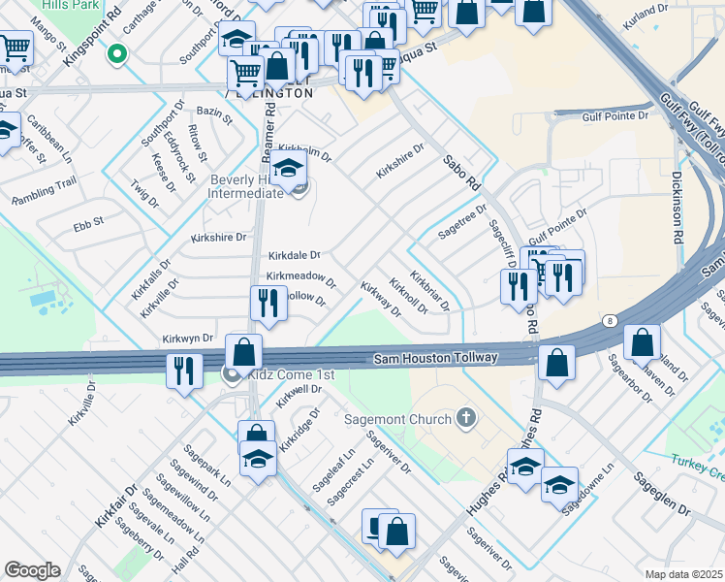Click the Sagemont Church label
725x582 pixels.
[398, 419]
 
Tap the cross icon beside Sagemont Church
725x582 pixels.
[466, 418]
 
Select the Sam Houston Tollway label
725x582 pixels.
[436, 359]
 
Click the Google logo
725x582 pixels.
[32, 570]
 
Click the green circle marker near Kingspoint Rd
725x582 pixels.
[118, 53]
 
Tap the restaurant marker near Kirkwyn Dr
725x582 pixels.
[181, 370]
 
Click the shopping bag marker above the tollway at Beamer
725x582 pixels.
[244, 351]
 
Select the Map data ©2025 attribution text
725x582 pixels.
[684, 574]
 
